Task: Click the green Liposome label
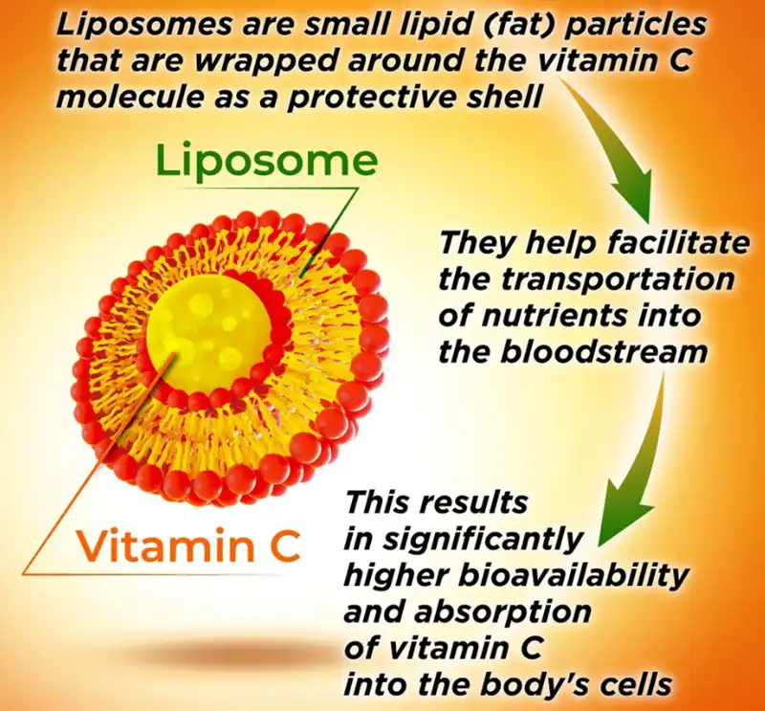(x=267, y=161)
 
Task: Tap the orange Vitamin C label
(x=188, y=545)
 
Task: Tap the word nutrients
(x=564, y=316)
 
